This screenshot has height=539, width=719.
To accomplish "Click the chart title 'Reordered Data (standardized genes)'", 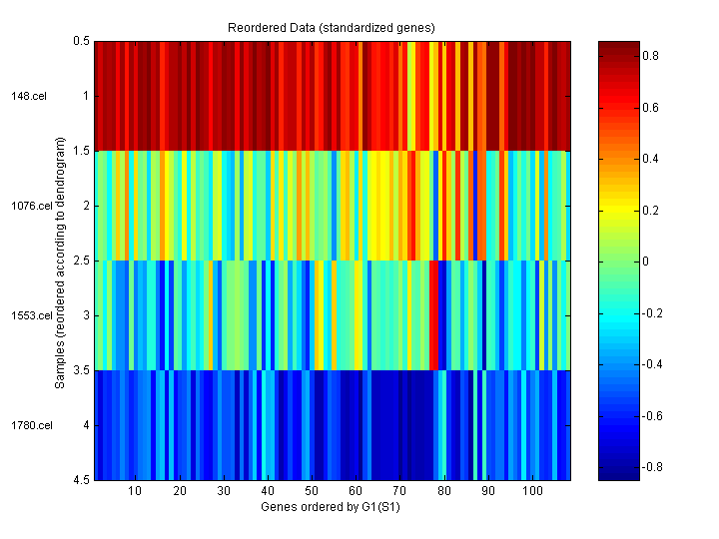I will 332,26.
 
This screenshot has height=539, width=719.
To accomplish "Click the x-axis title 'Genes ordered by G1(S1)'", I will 332,507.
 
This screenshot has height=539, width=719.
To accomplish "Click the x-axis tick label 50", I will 312,492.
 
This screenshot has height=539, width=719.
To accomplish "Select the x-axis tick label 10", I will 135,492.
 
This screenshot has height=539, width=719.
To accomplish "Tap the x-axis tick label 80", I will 443,492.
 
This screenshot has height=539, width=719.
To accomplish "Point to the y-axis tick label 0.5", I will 81,42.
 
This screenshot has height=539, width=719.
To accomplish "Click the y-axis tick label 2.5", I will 81,262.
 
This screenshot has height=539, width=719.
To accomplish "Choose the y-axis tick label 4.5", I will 81,481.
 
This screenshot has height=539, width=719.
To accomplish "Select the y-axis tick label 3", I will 85,316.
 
